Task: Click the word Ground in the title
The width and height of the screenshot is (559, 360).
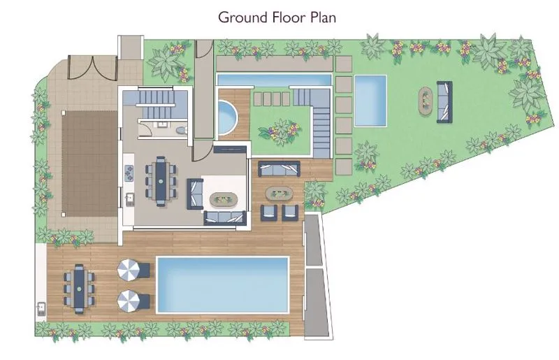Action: (x=242, y=17)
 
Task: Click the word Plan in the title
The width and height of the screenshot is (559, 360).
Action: (x=323, y=17)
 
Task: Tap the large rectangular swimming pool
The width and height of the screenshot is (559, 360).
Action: (x=222, y=285)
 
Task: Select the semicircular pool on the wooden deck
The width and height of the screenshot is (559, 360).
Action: (x=227, y=117)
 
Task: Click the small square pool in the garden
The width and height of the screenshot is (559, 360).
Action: (x=370, y=100)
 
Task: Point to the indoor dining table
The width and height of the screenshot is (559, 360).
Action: (x=161, y=181)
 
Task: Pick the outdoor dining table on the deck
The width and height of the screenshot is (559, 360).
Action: (x=79, y=289)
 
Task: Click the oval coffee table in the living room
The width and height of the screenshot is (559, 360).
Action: (x=224, y=199)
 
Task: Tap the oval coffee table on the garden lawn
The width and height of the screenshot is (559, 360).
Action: (x=425, y=101)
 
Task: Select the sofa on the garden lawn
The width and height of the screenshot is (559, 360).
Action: (x=444, y=102)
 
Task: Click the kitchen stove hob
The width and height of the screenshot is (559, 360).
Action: (x=129, y=172)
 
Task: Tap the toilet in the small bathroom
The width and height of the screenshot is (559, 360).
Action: (x=182, y=129)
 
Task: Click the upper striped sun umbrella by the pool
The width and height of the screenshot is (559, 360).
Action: (x=128, y=269)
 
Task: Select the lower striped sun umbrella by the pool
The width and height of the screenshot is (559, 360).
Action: (x=128, y=300)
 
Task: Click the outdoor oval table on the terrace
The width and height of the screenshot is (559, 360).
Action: (x=279, y=194)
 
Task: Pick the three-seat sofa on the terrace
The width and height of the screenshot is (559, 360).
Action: (x=279, y=168)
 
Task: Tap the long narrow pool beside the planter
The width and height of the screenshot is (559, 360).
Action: (x=274, y=79)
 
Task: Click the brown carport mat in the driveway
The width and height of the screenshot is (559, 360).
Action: (x=89, y=164)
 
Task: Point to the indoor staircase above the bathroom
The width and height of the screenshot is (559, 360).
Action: (x=156, y=103)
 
